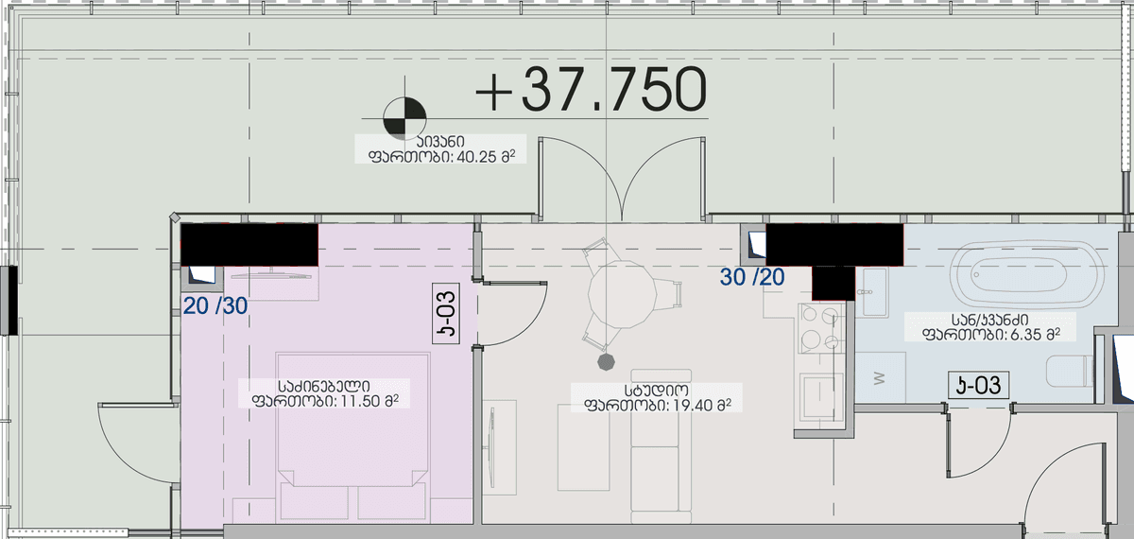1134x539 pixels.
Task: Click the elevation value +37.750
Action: click(592, 90)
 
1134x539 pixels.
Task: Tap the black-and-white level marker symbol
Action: click(404, 118)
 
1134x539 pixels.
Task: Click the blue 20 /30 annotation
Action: click(215, 306)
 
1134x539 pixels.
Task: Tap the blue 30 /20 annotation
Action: click(752, 277)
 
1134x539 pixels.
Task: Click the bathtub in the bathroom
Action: click(1027, 274)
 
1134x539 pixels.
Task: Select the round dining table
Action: click(623, 294)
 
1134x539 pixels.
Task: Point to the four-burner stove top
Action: click(820, 328)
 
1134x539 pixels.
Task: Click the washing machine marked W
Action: click(880, 377)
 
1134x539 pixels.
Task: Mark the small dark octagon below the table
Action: click(606, 362)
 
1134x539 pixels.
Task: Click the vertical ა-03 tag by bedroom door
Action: click(446, 314)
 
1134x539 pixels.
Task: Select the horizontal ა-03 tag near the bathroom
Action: click(978, 386)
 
